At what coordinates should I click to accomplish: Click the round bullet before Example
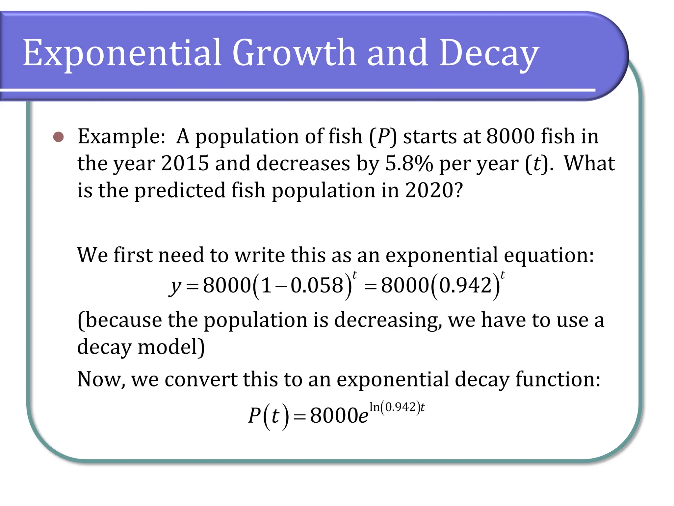tap(59, 137)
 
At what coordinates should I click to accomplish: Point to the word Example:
tap(121, 137)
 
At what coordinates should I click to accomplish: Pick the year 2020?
tap(434, 190)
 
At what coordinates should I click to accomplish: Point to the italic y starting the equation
tap(175, 286)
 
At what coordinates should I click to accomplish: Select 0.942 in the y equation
tap(465, 285)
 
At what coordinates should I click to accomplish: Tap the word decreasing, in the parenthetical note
tap(388, 320)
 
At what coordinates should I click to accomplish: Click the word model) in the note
tap(171, 347)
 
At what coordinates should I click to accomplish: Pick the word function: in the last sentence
tap(558, 379)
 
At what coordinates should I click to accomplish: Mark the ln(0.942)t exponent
tap(397, 407)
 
